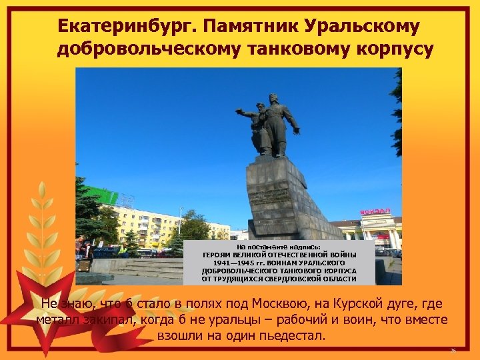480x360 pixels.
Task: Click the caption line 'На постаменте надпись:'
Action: (x=278, y=247)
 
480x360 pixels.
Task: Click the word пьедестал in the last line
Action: (x=291, y=335)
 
